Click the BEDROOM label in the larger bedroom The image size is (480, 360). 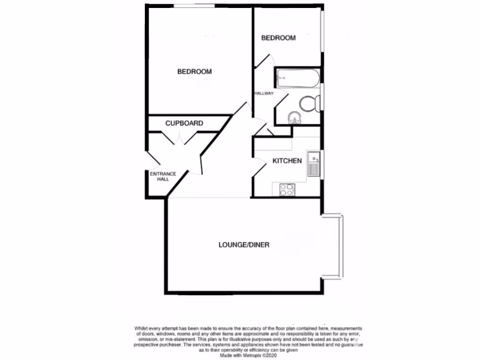(194, 72)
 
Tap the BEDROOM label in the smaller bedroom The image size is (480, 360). (278, 38)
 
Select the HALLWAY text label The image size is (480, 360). (263, 94)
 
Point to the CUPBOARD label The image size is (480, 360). (184, 123)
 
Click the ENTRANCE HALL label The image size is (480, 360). (163, 177)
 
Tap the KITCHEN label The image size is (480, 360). (287, 161)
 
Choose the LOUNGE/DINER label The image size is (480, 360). (244, 245)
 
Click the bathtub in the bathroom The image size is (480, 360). (298, 78)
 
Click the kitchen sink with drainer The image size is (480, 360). (313, 164)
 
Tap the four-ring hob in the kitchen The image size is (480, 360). (287, 189)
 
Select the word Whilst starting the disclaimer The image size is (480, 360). (142, 329)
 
